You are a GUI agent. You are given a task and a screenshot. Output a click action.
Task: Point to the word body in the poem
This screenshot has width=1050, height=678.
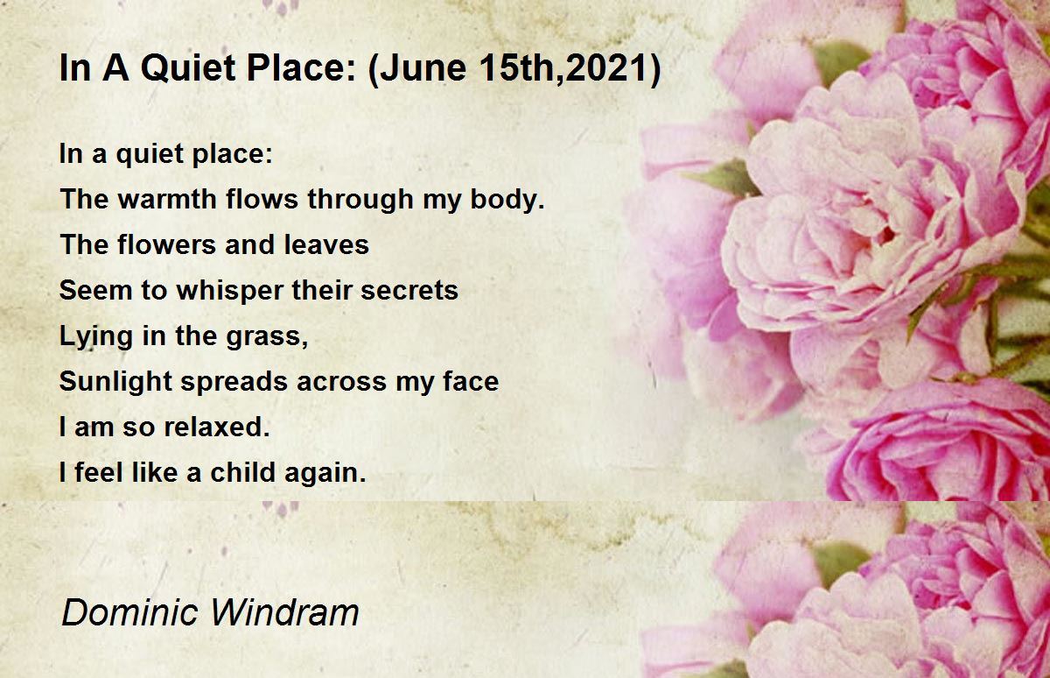507,200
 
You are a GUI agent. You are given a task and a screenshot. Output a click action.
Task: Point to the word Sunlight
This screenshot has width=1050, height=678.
115,381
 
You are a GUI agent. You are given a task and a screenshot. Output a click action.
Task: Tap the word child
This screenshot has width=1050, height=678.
242,472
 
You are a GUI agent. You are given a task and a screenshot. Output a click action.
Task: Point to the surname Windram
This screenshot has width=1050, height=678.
284,612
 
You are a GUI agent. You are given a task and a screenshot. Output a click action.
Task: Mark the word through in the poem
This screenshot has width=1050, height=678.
360,200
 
